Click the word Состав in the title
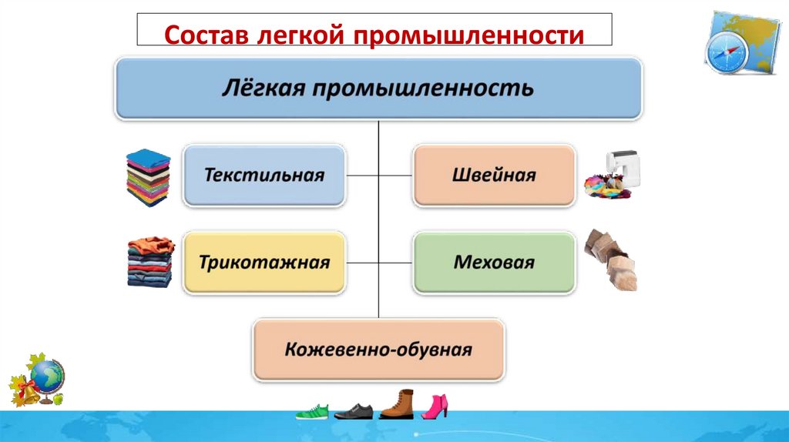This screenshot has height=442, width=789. (203, 35)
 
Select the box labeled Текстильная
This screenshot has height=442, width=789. (264, 175)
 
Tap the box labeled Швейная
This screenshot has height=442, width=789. (494, 175)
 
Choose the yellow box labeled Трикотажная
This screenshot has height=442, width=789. (264, 263)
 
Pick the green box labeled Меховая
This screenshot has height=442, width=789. (494, 263)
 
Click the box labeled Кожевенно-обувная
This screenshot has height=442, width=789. (378, 350)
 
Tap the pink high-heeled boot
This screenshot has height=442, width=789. (435, 406)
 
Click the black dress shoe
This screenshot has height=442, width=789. (354, 411)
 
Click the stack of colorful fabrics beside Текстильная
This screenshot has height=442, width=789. (148, 177)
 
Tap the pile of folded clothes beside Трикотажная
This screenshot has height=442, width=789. (149, 262)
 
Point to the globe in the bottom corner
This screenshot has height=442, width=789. (49, 378)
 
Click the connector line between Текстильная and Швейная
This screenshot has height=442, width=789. (379, 175)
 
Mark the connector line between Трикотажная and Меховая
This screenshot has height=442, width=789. (379, 263)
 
